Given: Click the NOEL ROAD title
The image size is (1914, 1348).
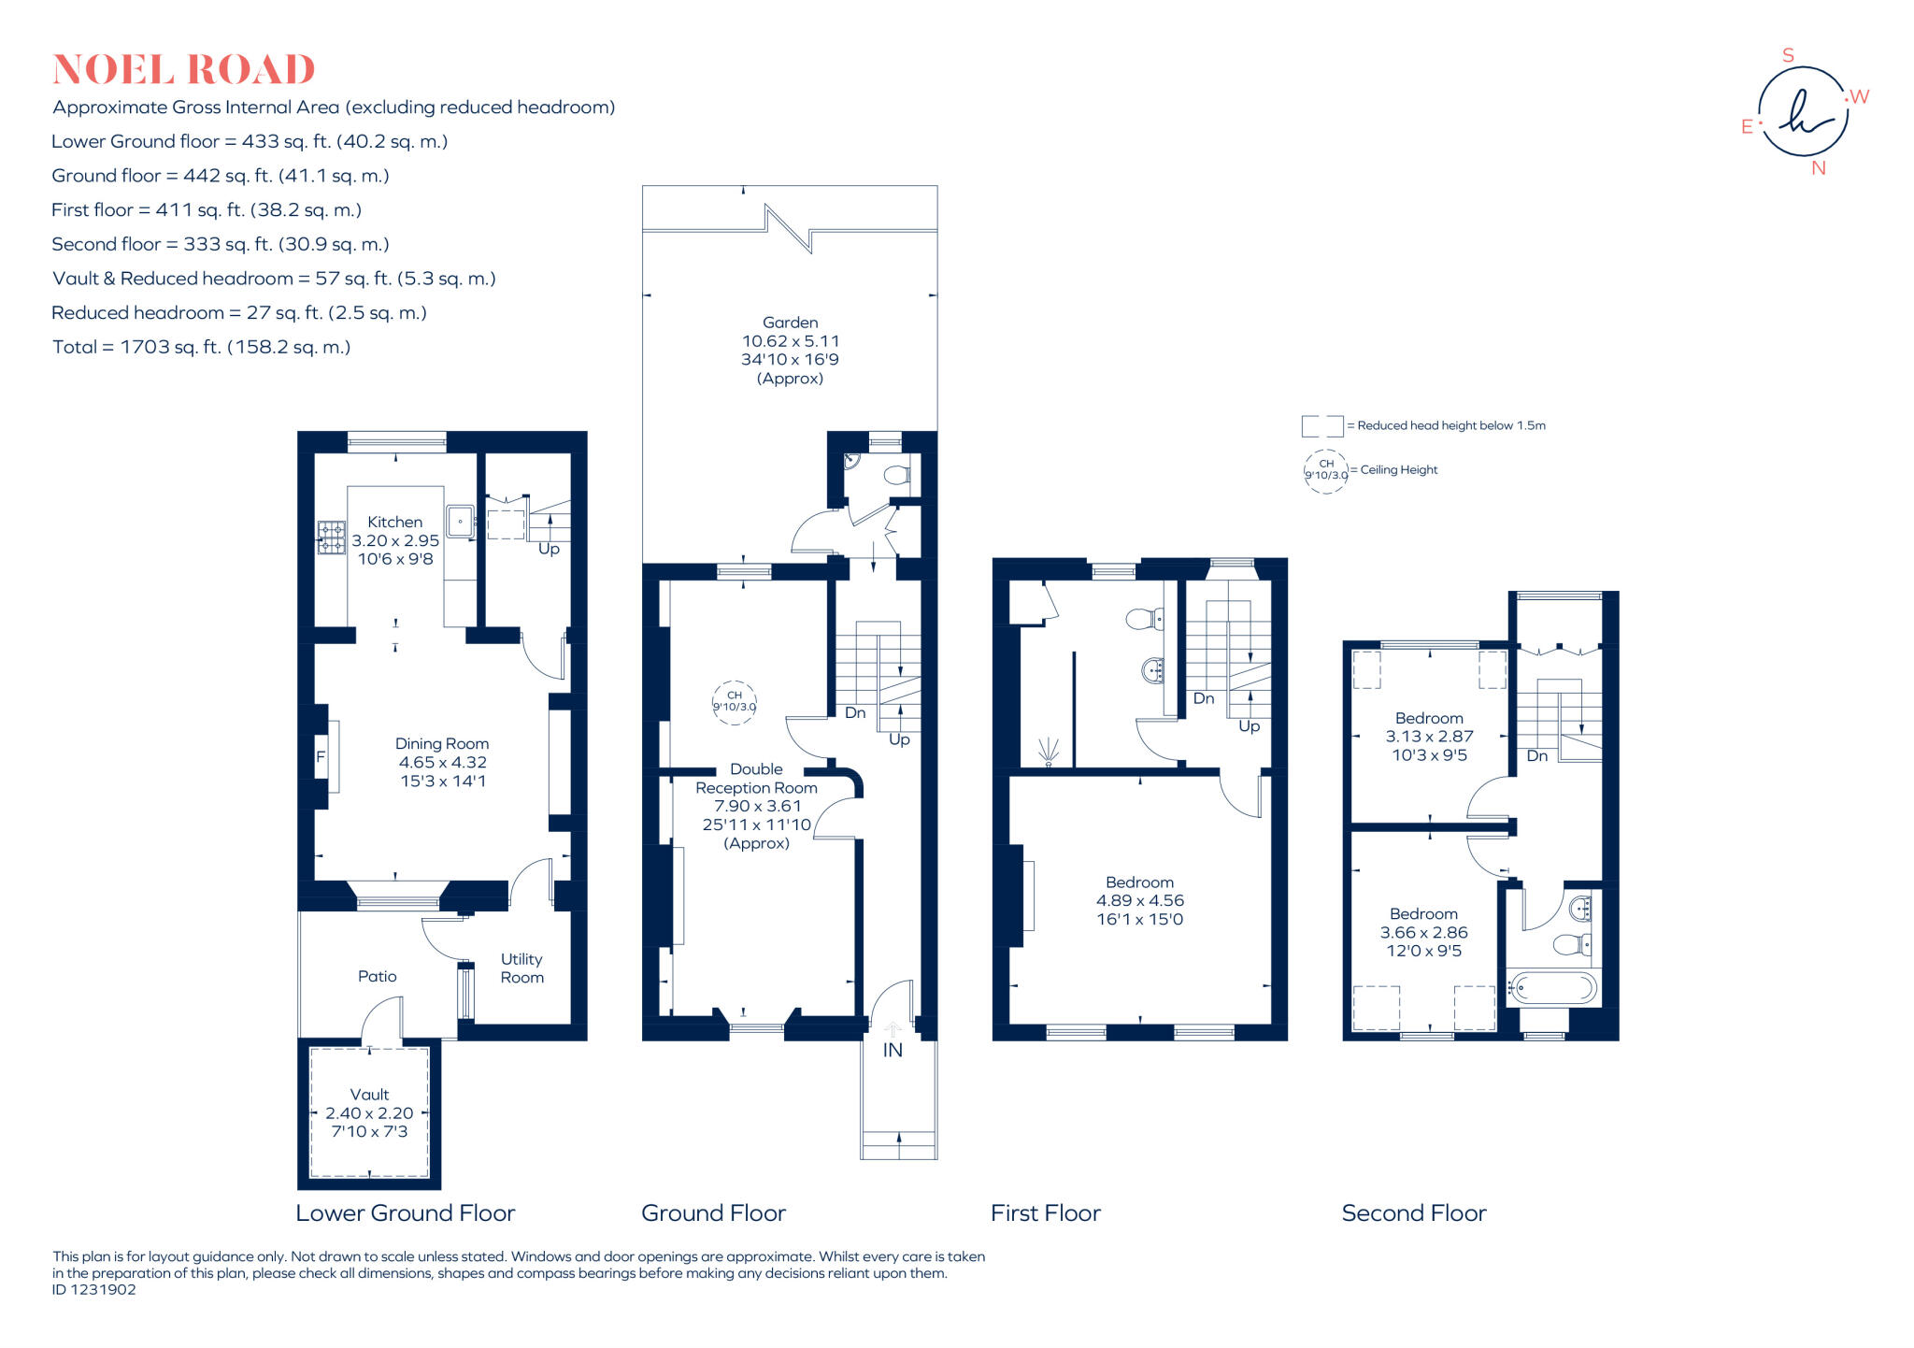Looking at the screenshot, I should coord(183,70).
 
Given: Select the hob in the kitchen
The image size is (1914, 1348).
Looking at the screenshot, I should coord(331,538).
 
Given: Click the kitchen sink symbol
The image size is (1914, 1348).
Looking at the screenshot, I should coord(460,521).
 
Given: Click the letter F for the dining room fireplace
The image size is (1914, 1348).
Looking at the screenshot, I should coord(321,756).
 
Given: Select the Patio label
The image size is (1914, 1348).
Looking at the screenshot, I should coord(377,976).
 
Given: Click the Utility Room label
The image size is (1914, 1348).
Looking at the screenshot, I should coord(521,968).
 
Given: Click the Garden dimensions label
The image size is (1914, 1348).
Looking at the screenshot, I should coord(790,351).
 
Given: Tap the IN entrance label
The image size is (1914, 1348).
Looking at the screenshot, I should coord(893,1051).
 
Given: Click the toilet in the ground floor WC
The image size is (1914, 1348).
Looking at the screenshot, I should coord(896,475).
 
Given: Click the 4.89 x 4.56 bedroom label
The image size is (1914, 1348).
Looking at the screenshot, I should coord(1139,900).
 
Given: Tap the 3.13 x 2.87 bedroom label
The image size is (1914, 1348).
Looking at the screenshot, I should coord(1429,737).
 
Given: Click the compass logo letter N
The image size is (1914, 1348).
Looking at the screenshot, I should coord(1818,169).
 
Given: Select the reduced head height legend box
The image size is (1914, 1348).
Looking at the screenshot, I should coord(1321,426).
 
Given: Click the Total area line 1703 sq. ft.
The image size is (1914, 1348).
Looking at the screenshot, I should coord(201,347).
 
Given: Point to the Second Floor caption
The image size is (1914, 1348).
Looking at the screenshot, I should coord(1413,1213).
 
